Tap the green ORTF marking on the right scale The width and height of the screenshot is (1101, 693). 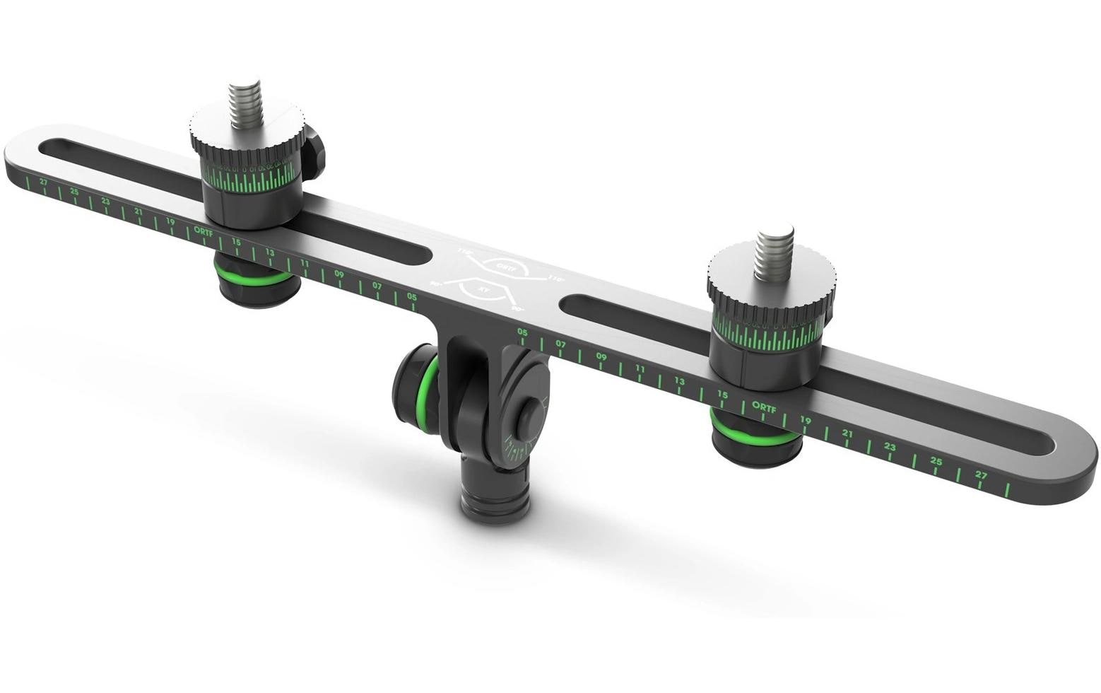click(764, 407)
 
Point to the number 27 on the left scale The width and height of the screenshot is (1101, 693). click(44, 182)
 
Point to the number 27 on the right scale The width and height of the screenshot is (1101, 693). click(980, 475)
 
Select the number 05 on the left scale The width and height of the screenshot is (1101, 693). click(411, 297)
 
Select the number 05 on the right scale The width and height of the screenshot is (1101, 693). click(523, 332)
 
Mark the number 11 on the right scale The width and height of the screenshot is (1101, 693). click(640, 368)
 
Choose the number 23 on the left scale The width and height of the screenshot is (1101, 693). click(106, 202)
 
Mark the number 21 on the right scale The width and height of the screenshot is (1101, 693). click(847, 433)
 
